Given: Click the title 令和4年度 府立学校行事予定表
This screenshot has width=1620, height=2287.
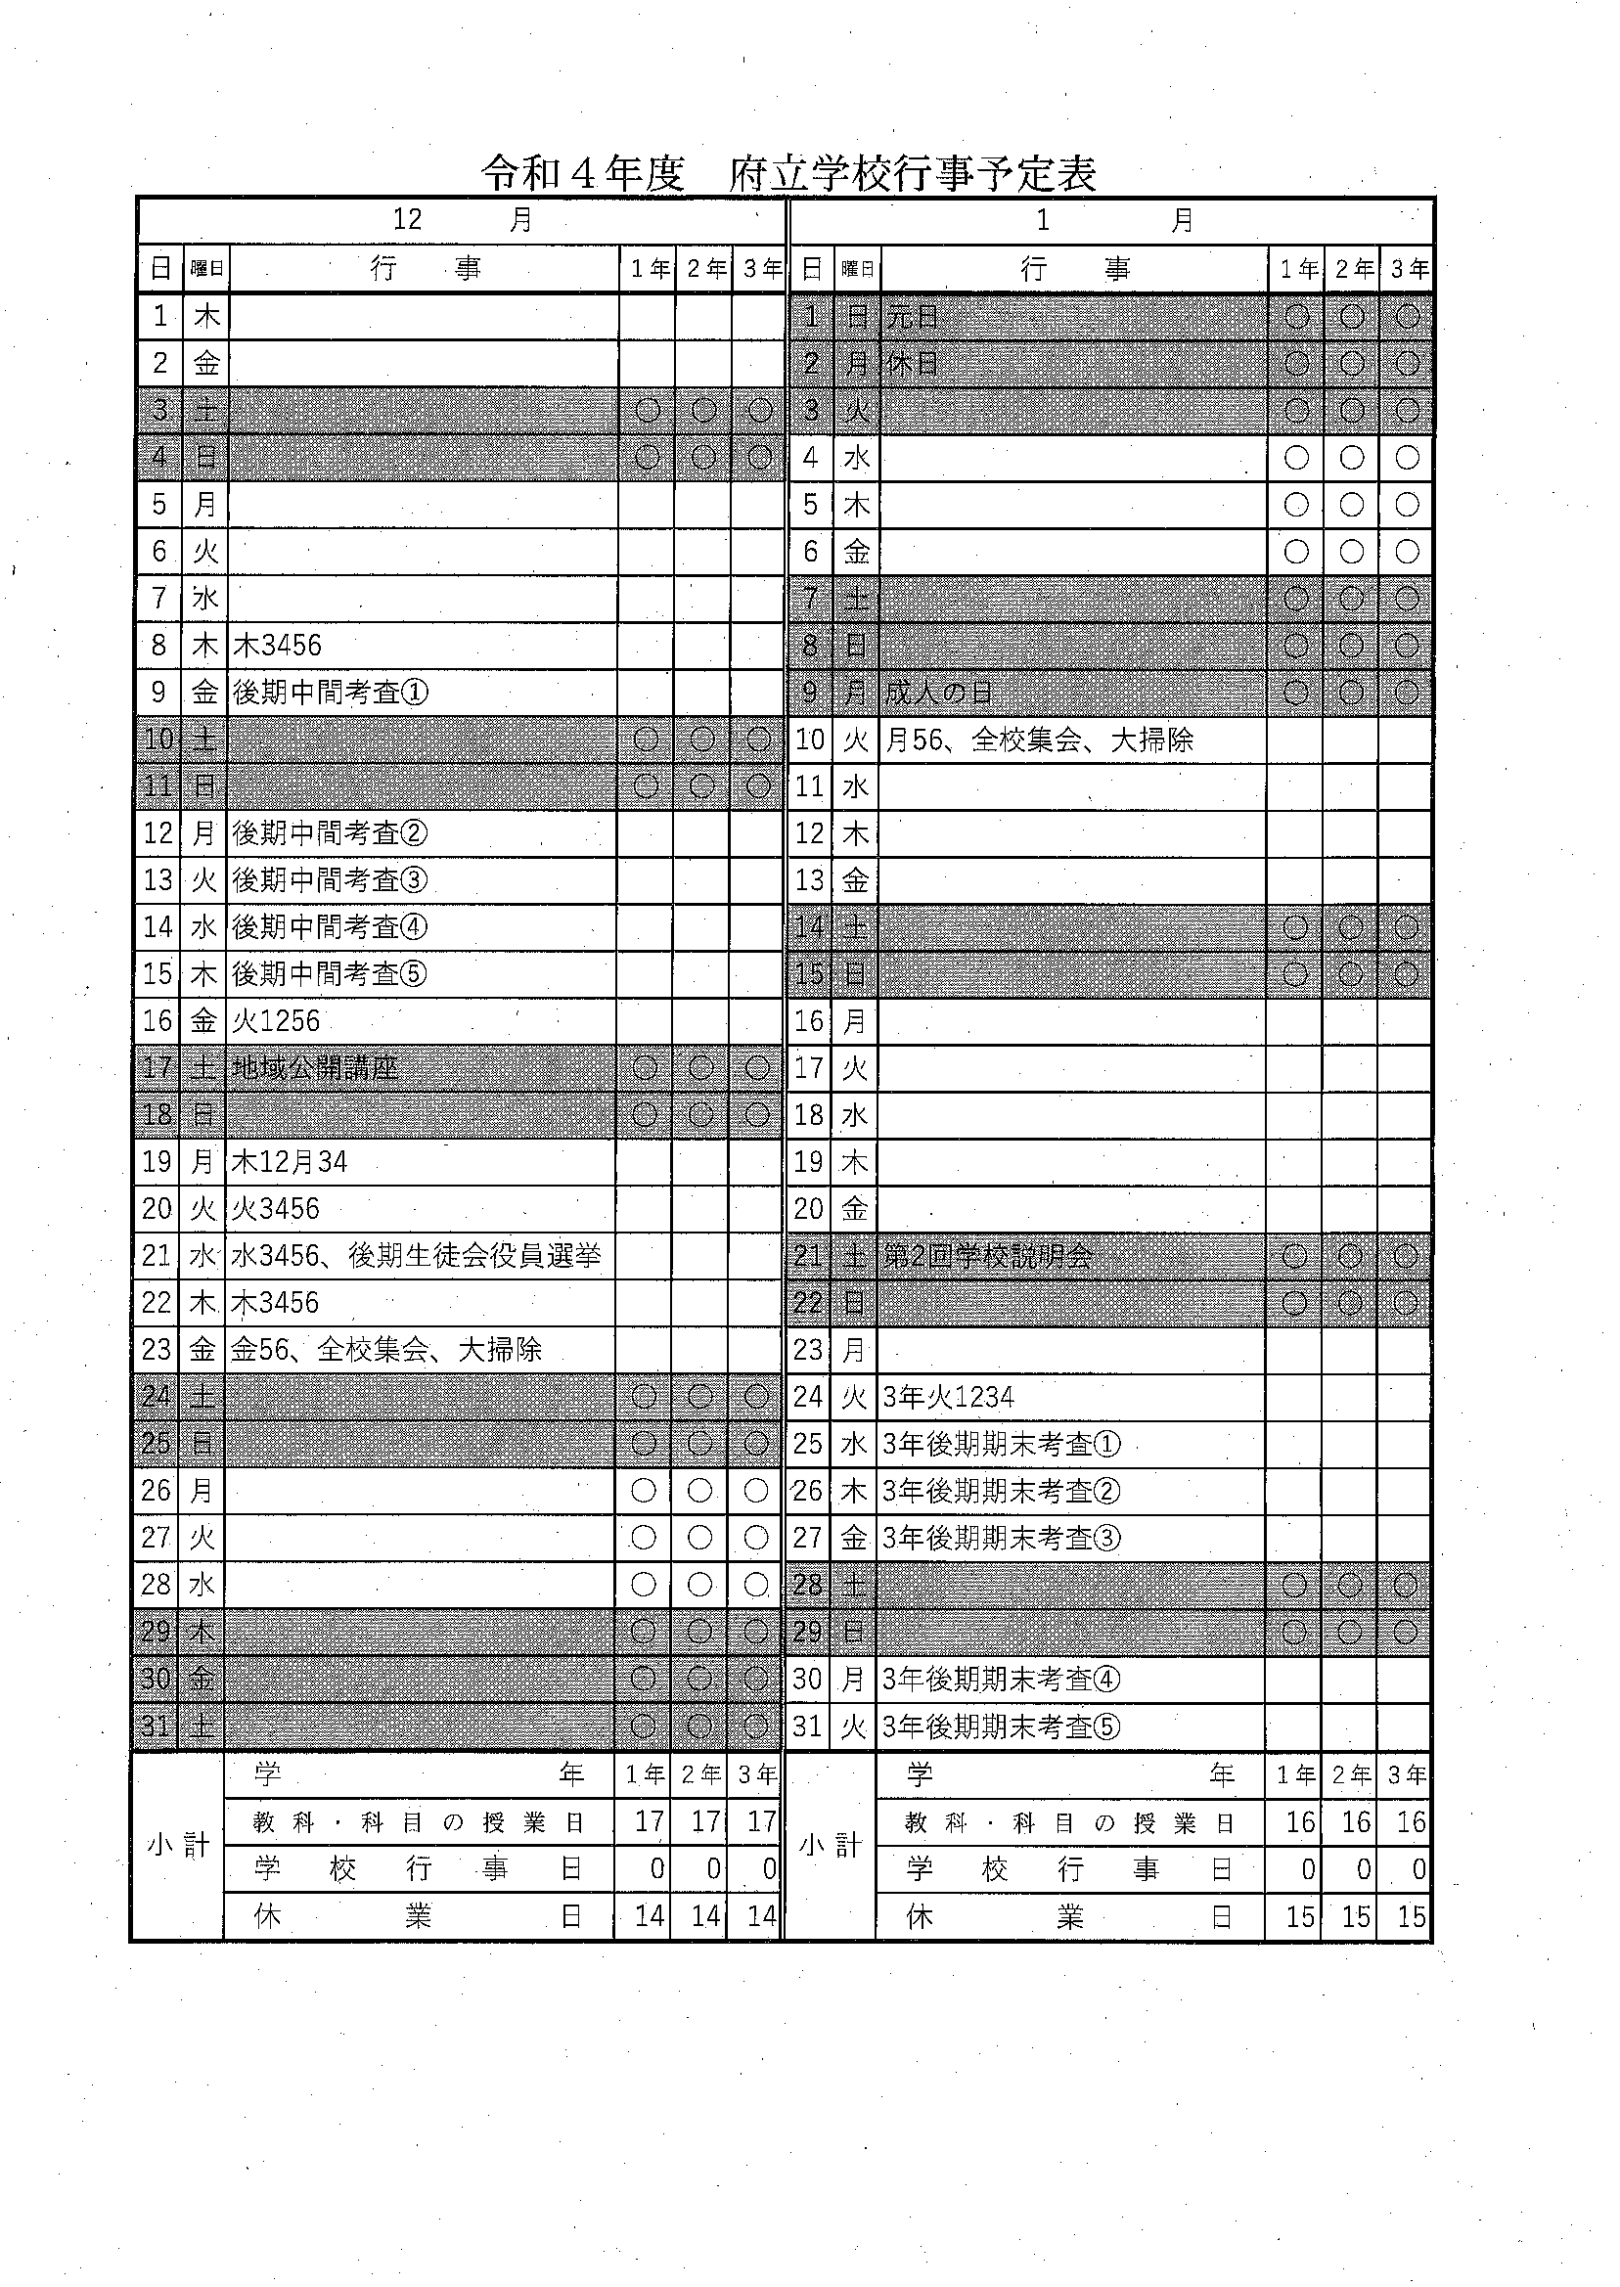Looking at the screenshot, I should tap(788, 173).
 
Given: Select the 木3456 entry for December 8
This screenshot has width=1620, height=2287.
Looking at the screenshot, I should tap(277, 646).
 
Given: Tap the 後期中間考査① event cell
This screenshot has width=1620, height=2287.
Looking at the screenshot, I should tap(331, 693).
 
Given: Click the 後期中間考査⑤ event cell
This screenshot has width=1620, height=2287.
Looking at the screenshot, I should tap(330, 973).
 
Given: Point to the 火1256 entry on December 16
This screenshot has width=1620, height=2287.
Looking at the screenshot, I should tap(276, 1020).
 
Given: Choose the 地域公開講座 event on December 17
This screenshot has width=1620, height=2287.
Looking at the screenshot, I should tap(315, 1068).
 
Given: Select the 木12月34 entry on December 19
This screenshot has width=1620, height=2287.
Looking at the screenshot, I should tap(290, 1162).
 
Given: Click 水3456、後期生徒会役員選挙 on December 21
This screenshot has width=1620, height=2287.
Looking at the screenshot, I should tap(416, 1256).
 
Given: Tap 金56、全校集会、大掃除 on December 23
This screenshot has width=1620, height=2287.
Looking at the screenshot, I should tap(387, 1350).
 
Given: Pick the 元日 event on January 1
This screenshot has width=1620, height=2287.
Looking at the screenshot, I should tap(912, 317).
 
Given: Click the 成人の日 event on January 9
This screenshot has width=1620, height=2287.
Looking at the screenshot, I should tap(939, 693).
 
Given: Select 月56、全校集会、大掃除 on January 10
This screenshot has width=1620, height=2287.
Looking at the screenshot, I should tap(1039, 740).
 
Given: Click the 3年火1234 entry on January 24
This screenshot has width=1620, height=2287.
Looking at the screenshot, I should tap(948, 1397).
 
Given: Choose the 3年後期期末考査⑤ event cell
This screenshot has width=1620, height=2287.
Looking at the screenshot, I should tap(1001, 1726).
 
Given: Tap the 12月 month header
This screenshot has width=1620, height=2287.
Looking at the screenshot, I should tap(462, 219).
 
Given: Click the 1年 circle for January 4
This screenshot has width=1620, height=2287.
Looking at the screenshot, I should tap(1296, 458).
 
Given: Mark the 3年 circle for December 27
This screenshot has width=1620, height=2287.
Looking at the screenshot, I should tap(755, 1538).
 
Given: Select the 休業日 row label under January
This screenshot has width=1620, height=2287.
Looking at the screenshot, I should tap(1069, 1915).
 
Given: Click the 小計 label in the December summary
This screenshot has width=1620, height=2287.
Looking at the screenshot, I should tap(179, 1845).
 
